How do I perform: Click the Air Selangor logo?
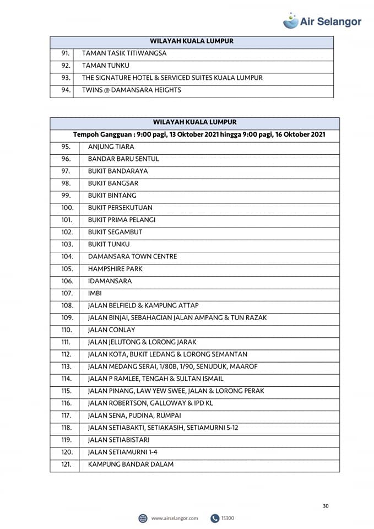[322, 21]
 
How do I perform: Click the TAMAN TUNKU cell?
[105, 66]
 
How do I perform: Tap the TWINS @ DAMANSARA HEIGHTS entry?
[131, 90]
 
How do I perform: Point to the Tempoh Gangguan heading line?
[199, 134]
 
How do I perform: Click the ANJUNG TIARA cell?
[111, 147]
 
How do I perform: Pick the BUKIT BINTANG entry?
[112, 195]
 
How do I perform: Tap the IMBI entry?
[95, 293]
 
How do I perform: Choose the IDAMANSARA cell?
[110, 281]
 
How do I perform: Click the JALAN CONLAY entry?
[111, 330]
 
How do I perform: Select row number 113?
[67, 366]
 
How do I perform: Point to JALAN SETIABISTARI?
[118, 440]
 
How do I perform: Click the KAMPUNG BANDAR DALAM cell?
[131, 464]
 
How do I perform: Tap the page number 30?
[326, 506]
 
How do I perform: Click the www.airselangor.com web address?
[174, 518]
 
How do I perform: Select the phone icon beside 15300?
[214, 518]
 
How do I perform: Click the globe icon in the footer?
[143, 518]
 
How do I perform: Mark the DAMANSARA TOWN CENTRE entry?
[132, 256]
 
